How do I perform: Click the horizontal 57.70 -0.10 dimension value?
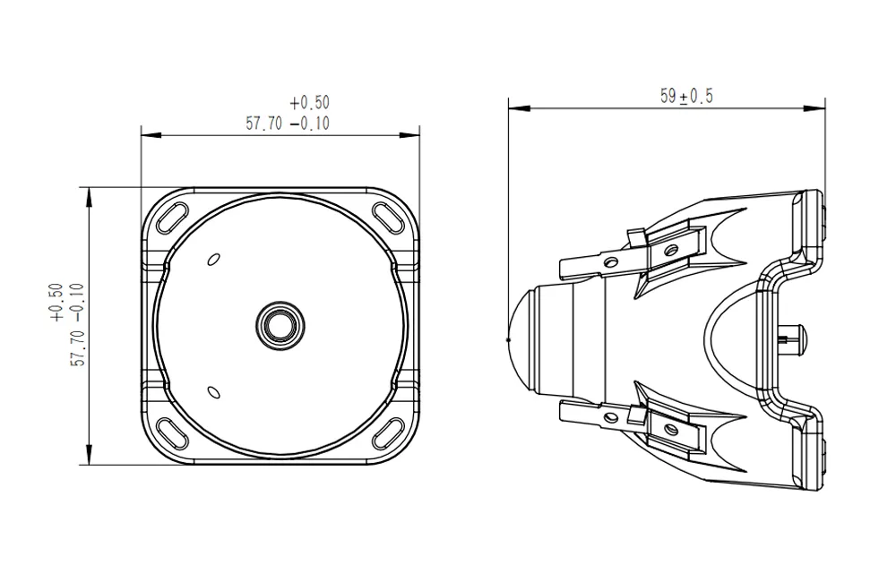click(x=288, y=124)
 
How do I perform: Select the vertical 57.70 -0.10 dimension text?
click(x=76, y=324)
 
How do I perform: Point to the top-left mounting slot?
click(x=169, y=216)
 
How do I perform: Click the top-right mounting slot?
click(x=391, y=216)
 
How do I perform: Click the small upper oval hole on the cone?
click(x=213, y=260)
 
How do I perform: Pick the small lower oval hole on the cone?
click(x=213, y=391)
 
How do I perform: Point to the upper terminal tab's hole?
click(x=612, y=262)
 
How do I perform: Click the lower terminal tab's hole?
click(x=612, y=415)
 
